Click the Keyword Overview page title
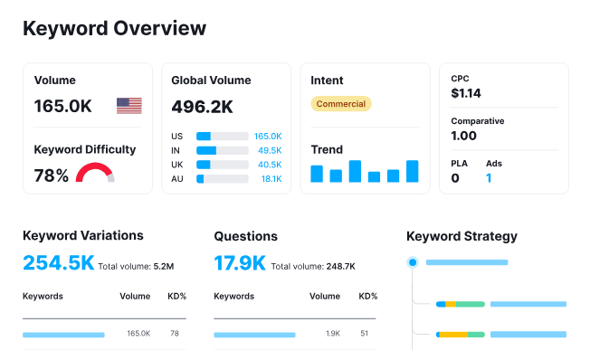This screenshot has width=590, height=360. [114, 28]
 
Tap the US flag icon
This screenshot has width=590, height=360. [129, 106]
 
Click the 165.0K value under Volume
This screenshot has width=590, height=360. [63, 106]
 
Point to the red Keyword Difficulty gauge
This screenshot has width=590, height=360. [94, 173]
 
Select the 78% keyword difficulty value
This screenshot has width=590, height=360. [52, 175]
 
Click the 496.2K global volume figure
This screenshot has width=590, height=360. [202, 107]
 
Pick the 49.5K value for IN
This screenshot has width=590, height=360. [269, 150]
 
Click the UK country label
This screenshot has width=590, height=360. [177, 165]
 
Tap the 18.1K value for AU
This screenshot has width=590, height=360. [271, 179]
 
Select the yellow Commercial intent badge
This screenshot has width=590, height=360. [341, 104]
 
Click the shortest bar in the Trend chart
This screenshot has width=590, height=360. [374, 177]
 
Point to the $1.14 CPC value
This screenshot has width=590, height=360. [466, 92]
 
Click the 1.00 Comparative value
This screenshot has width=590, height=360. [463, 136]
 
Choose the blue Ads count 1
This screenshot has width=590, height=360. [489, 178]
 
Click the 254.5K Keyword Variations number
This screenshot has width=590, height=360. [58, 263]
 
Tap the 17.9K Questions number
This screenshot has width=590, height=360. [240, 263]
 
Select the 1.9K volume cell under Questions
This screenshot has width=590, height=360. [331, 334]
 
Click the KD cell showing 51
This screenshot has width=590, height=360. [364, 334]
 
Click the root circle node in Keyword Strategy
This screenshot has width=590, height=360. [413, 262]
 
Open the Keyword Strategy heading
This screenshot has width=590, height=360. [462, 236]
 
